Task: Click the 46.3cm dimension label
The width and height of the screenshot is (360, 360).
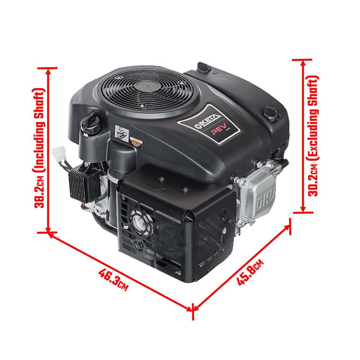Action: click(113, 279)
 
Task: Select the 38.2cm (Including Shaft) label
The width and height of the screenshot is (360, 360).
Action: click(39, 148)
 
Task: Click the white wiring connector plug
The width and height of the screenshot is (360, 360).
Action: click(58, 154)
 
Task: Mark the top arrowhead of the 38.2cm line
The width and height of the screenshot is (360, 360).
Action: click(48, 70)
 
